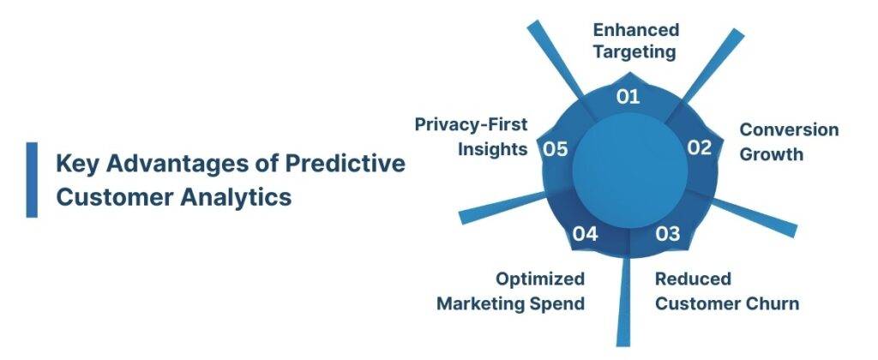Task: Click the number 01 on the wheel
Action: click(x=628, y=96)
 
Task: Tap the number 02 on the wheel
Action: click(x=700, y=147)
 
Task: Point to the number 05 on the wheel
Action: click(x=556, y=149)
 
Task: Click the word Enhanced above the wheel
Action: click(x=636, y=30)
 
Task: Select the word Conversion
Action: click(x=789, y=130)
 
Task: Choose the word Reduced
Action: click(x=693, y=279)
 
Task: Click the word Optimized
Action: click(x=540, y=279)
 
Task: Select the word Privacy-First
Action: click(x=471, y=124)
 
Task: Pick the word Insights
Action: click(x=492, y=148)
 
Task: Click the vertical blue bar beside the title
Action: click(x=32, y=179)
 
